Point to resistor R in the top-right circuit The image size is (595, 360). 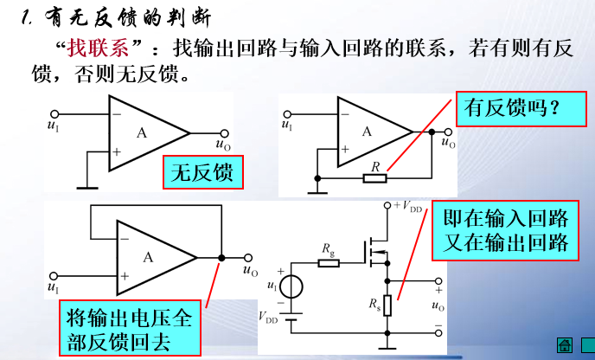tap(374, 178)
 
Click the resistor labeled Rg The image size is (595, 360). tap(328, 261)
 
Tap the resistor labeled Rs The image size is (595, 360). tap(387, 305)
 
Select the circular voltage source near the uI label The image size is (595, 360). tap(293, 286)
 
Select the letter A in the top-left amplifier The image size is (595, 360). tap(142, 132)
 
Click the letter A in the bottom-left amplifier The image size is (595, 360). tap(148, 257)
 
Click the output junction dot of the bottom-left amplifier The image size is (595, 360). tap(222, 257)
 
